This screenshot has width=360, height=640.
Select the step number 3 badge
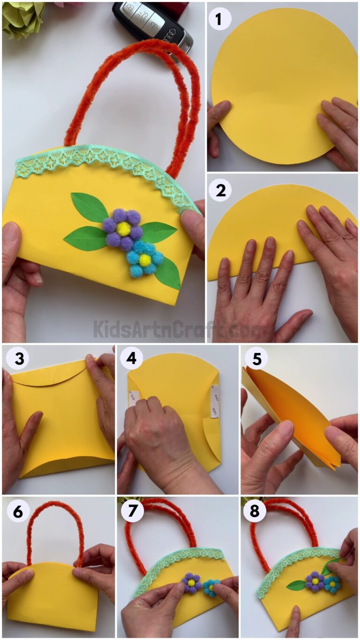17,359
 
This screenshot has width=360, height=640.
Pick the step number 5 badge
255,359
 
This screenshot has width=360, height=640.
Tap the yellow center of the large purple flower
123,228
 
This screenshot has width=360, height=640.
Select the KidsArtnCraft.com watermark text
180,329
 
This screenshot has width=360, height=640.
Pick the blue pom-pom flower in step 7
211,586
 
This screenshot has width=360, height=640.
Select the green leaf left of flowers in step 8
296,585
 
